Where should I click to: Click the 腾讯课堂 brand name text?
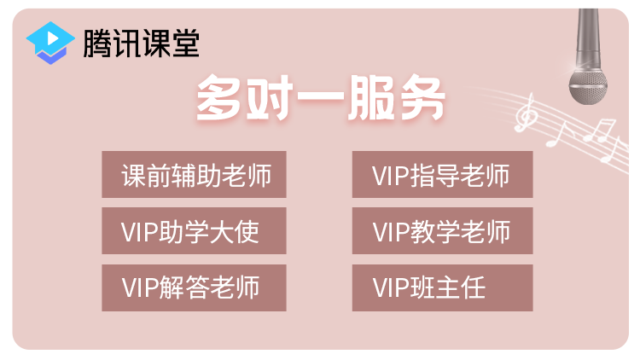tap(141, 42)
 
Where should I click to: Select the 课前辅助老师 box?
tap(194, 175)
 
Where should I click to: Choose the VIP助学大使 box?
tap(194, 231)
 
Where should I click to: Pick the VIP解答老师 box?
tap(194, 287)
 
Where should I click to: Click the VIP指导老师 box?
tap(442, 175)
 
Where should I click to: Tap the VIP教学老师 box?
tap(442, 231)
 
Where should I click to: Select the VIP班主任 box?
tap(442, 287)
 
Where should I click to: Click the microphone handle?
tap(589, 34)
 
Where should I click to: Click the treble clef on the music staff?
tap(528, 113)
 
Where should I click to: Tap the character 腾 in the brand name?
tap(96, 42)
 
